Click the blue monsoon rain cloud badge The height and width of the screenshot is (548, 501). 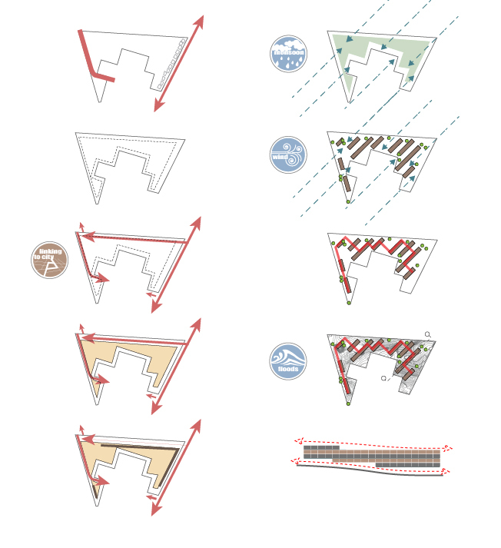(289, 54)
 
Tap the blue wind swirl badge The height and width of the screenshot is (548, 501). (289, 154)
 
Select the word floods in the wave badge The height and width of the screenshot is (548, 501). (289, 369)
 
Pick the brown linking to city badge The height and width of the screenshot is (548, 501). (50, 260)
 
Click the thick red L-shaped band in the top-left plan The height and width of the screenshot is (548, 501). (89, 61)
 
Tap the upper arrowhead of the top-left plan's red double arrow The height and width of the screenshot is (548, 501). (201, 21)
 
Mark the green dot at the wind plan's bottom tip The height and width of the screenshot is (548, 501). (348, 201)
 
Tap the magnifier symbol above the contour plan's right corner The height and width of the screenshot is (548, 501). (427, 334)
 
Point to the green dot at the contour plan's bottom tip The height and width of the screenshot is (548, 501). (348, 404)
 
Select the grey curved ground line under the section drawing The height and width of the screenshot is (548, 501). (369, 471)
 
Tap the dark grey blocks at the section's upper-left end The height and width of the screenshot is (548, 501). (321, 447)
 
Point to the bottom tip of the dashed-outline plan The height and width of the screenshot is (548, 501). (97, 202)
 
